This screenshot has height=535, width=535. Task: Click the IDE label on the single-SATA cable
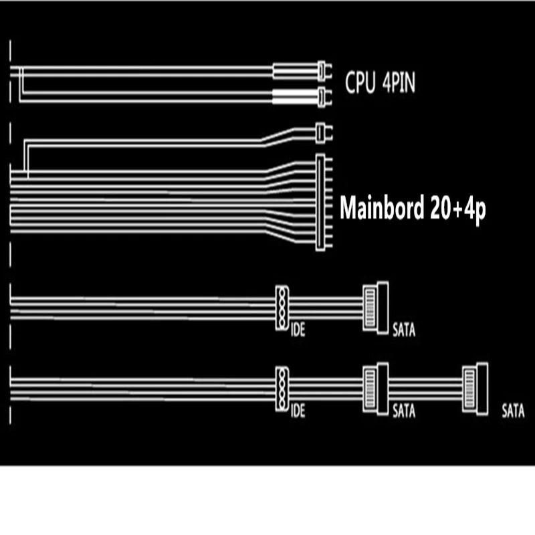pos(298,330)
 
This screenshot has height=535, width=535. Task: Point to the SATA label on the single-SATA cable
pos(404,330)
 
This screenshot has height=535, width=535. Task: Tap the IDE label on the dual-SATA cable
pos(298,411)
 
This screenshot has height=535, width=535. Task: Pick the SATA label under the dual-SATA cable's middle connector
pos(404,411)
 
